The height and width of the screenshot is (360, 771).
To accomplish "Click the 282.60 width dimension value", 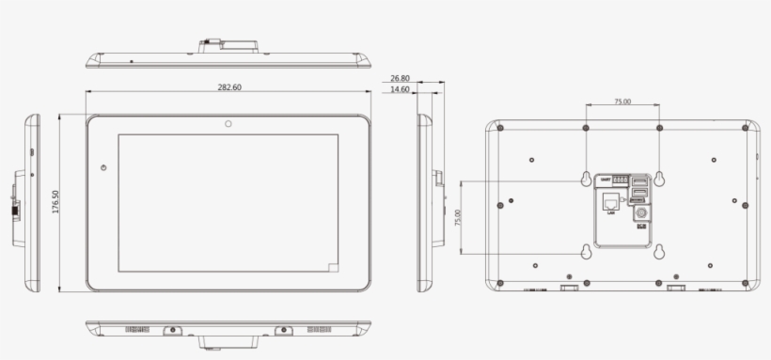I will tap(229, 86).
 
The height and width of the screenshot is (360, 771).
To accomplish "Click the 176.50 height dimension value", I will tap(55, 202).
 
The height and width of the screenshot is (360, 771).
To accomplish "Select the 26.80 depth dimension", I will tap(401, 79).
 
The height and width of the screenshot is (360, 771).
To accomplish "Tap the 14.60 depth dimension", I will tap(401, 90).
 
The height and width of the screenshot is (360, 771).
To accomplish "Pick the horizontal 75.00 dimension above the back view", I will tap(622, 102).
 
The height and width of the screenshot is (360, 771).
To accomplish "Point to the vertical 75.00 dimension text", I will tap(458, 217).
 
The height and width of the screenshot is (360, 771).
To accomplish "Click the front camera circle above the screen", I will tap(228, 123).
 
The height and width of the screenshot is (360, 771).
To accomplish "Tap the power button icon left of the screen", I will tap(103, 168).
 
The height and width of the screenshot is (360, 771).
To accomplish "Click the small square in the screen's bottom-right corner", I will tap(334, 267).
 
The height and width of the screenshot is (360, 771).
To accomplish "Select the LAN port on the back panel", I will tap(611, 202).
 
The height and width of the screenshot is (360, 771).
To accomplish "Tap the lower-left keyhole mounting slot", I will tap(586, 251).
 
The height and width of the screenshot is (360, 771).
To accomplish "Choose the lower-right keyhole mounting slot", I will tap(659, 251).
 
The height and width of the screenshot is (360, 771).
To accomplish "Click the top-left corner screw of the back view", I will tap(500, 128).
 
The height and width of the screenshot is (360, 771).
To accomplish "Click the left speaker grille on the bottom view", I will tap(137, 330).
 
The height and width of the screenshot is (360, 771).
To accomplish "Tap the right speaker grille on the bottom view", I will tap(320, 330).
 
